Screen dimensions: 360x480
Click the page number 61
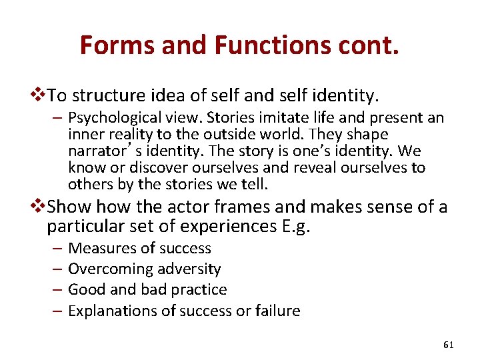point(448,345)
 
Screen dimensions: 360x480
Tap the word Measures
point(97,249)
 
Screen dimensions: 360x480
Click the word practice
point(199,290)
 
